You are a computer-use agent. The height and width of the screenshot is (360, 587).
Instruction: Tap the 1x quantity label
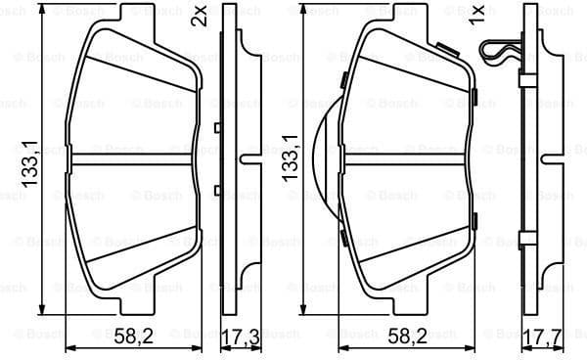tap(477, 16)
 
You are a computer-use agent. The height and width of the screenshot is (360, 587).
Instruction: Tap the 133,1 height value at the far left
tap(30, 163)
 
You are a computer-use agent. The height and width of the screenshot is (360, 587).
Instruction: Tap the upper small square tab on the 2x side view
tap(216, 126)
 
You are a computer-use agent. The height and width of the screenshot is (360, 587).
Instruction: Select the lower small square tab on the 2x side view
tap(216, 188)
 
